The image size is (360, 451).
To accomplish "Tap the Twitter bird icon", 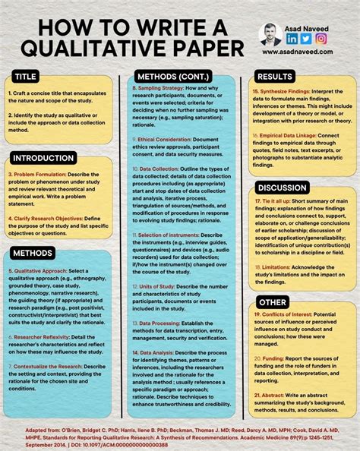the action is tap(305, 39).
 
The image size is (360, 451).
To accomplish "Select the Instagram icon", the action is tap(320, 39).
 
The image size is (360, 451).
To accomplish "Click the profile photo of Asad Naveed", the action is tap(270, 33).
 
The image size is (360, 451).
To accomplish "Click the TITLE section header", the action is tap(27, 77).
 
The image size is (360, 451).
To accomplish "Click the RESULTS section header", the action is tap(275, 77).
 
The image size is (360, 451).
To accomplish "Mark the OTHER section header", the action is tap(272, 301).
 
